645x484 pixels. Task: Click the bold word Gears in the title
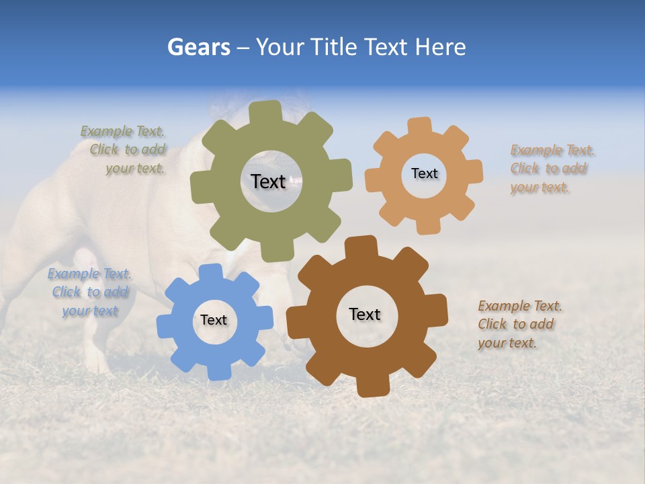tap(198, 47)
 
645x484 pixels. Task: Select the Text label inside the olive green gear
tap(268, 182)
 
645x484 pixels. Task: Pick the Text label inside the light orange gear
tap(424, 173)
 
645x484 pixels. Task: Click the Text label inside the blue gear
tap(214, 320)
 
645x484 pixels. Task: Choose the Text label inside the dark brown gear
tap(365, 314)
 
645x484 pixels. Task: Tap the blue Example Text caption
tap(89, 292)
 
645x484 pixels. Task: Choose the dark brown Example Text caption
tap(519, 324)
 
